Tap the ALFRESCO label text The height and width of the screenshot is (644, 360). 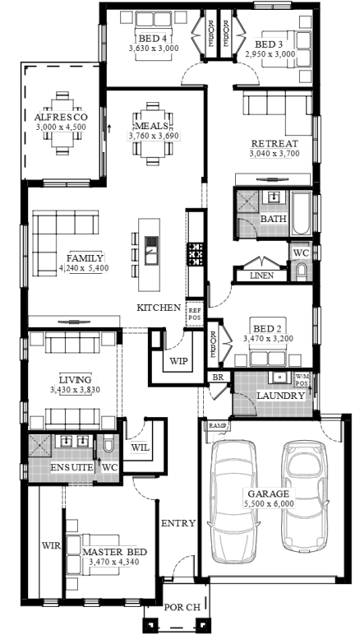(x=61, y=118)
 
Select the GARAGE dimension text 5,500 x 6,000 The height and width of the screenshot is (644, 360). (x=269, y=503)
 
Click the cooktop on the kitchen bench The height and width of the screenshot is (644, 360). (x=196, y=254)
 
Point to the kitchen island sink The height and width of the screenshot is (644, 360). (x=151, y=250)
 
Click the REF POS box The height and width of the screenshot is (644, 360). (x=195, y=314)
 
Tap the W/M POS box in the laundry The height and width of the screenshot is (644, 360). (x=302, y=379)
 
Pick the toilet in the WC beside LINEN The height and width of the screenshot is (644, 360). (x=302, y=271)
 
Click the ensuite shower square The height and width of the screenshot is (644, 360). (x=39, y=446)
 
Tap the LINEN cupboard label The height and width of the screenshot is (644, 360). (x=261, y=276)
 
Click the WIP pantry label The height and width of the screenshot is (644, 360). (x=178, y=361)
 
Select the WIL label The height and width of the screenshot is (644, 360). (x=140, y=447)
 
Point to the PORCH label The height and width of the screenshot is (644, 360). (x=182, y=608)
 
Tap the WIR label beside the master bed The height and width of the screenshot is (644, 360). (x=51, y=546)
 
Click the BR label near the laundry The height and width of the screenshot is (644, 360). (x=218, y=377)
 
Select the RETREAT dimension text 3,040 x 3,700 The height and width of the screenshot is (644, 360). (x=275, y=154)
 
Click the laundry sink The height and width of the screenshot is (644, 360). (x=280, y=377)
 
